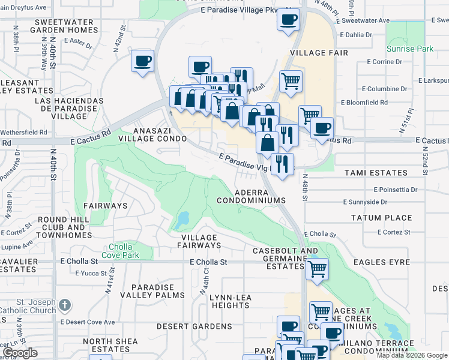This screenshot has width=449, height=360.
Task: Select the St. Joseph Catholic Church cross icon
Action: pos(65,306)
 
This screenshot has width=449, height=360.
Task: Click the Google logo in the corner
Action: pos(20,353)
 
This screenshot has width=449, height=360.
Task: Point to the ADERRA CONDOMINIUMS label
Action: pos(259,194)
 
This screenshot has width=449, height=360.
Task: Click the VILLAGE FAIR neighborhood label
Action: pos(310,53)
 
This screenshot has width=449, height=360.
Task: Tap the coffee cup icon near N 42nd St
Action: pos(143,61)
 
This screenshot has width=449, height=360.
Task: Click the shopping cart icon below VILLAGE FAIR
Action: pos(291,80)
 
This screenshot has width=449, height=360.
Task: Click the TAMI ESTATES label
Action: pos(376,173)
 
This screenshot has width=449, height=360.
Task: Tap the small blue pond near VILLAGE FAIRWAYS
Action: pos(182,221)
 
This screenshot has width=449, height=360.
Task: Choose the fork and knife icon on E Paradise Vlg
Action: pos(282,163)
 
